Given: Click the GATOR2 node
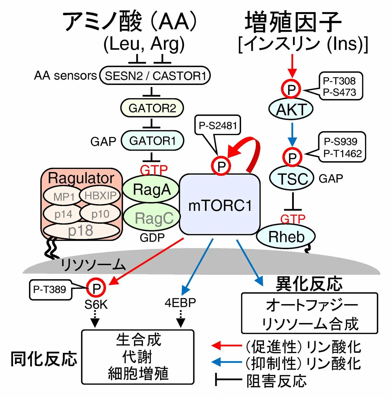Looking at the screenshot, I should point(152,108).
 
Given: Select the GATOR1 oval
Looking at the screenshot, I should point(152,141).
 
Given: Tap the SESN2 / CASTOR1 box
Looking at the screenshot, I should point(155,76).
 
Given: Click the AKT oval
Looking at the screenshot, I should point(291,109).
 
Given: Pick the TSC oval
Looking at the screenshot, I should point(292,178).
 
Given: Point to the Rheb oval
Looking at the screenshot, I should point(286,237).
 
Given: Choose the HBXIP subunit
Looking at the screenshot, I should point(100,195).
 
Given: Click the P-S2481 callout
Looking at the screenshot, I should point(217,125).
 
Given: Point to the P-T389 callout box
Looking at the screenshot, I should point(50,289).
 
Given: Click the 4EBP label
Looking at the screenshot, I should point(180,303).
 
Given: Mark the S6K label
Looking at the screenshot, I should point(96,305).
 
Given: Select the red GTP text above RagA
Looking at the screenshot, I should point(153,170).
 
